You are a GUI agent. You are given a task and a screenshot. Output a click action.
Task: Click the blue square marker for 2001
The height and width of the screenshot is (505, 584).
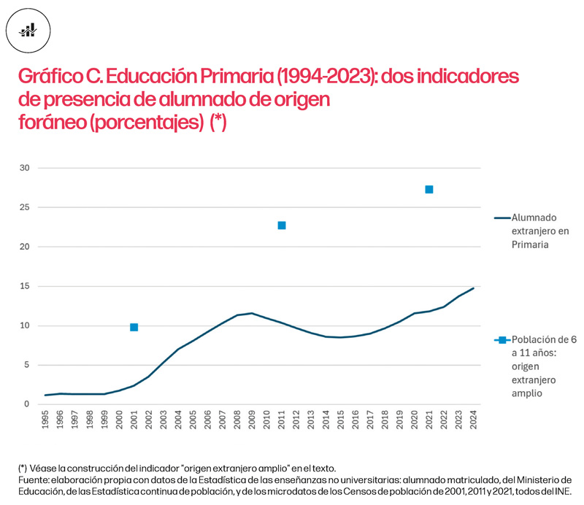coord(134,327)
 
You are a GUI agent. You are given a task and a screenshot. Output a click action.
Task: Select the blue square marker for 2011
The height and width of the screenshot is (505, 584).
coord(282,225)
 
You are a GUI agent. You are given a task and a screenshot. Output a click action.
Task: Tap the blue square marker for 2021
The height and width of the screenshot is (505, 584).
coord(429,190)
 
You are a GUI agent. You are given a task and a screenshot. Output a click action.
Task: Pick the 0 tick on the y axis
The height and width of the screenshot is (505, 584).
coord(26,404)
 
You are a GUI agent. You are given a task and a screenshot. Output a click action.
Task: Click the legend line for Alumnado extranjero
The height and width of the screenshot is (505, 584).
coord(502,217)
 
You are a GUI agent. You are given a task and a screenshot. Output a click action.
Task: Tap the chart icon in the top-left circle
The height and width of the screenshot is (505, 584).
coord(28,30)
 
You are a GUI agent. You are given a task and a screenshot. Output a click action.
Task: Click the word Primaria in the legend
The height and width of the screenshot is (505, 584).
coord(530,244)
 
